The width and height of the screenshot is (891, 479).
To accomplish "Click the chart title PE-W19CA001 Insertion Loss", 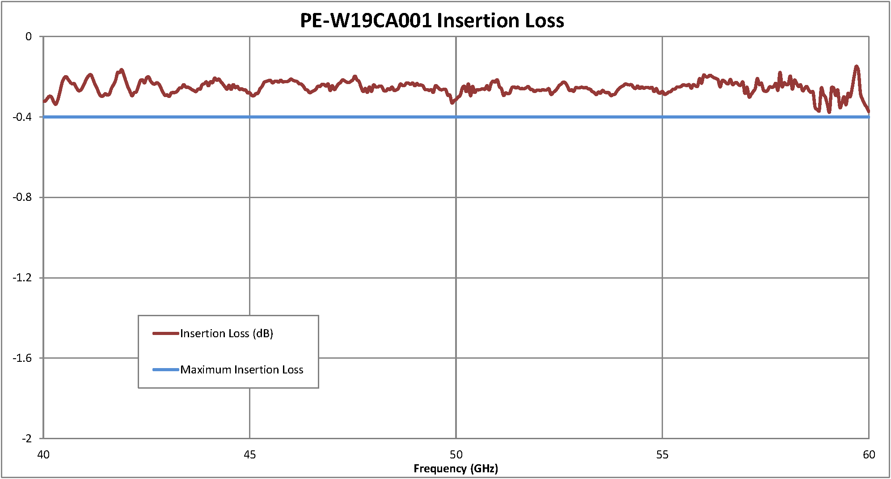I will [432, 21].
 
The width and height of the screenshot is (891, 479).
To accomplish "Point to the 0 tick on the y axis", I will [29, 37].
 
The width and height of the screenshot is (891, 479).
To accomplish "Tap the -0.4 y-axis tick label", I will [22, 117].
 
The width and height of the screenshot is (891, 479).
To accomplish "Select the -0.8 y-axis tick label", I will [22, 197].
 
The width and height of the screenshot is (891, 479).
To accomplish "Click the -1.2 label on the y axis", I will [22, 278].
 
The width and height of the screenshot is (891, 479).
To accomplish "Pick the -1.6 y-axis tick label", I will [22, 358].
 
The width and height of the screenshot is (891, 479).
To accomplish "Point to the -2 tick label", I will [26, 438].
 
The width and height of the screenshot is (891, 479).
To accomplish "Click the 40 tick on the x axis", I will [43, 455].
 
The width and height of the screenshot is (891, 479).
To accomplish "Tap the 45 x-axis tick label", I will [249, 455].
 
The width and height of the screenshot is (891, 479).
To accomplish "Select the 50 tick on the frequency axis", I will [456, 455].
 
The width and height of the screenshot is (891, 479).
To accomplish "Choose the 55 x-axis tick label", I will [662, 455].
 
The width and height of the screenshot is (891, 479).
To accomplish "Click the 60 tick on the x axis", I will [869, 455].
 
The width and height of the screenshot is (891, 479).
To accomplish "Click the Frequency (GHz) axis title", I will [456, 468].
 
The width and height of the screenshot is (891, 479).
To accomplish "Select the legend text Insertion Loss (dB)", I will [227, 334].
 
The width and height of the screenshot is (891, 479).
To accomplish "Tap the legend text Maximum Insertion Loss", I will [242, 370].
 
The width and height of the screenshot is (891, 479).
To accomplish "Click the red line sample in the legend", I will [165, 333].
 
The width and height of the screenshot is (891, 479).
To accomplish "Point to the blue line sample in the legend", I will [165, 369].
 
